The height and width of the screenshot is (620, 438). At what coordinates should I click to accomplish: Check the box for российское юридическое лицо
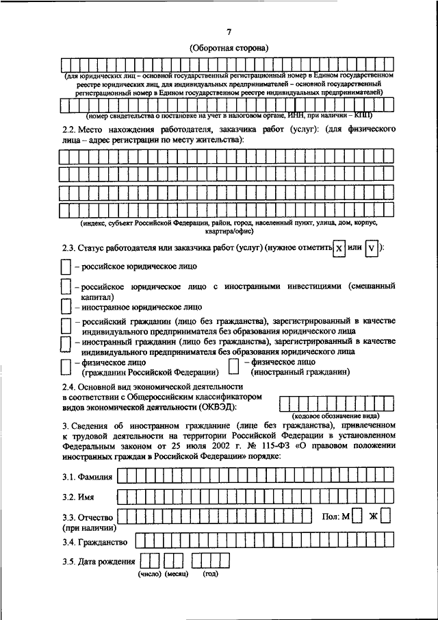click(x=65, y=265)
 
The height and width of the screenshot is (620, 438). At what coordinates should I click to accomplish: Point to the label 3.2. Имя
click(x=77, y=496)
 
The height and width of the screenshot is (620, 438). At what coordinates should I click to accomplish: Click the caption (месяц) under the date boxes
click(x=175, y=574)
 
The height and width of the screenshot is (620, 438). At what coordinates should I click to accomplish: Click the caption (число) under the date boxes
click(x=149, y=574)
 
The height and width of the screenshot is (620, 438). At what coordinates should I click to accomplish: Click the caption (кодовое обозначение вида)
click(x=337, y=416)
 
